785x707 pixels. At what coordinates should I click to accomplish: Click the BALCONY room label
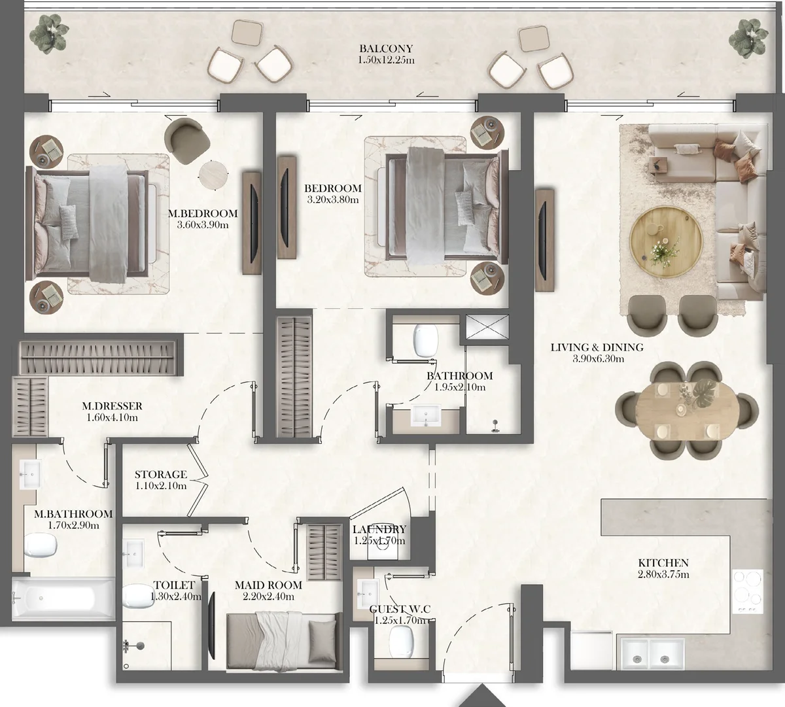click(386, 48)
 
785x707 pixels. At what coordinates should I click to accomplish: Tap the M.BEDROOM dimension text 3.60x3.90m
click(202, 224)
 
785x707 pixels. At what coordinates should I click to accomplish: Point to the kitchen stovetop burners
click(748, 591)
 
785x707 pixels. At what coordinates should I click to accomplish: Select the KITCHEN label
click(663, 562)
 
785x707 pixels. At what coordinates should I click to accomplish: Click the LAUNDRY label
click(379, 530)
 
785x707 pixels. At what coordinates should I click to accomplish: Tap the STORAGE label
click(161, 475)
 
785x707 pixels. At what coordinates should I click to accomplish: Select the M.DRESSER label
click(113, 406)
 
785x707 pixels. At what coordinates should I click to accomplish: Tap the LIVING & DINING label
click(597, 347)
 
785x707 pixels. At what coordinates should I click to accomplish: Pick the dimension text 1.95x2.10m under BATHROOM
click(460, 387)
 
